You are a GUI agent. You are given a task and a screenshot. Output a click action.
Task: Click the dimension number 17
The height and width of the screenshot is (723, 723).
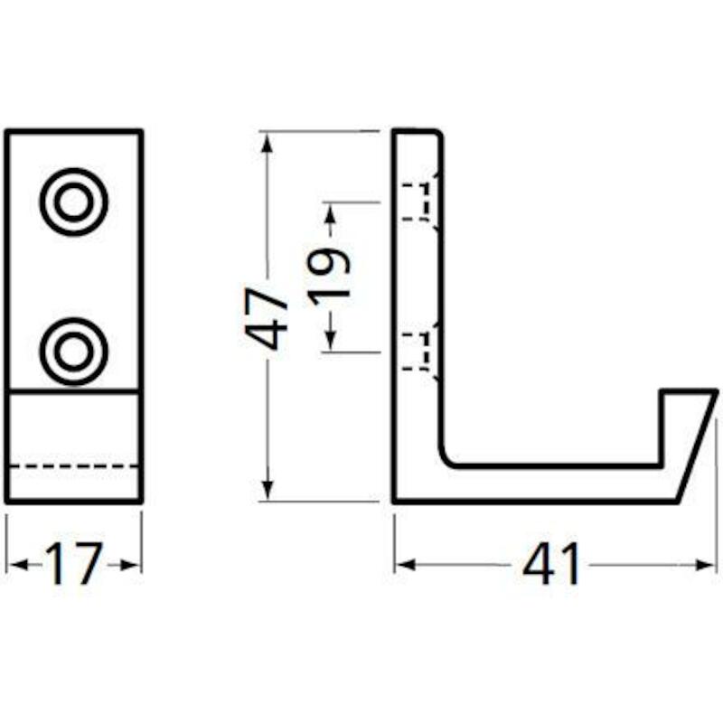pyautogui.click(x=73, y=563)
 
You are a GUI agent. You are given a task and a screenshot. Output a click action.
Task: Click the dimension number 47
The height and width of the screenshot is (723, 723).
pyautogui.click(x=266, y=319)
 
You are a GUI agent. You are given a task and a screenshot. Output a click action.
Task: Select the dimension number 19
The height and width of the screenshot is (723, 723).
pyautogui.click(x=328, y=277)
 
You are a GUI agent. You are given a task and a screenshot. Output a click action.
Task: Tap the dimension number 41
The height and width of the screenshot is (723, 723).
pyautogui.click(x=551, y=563)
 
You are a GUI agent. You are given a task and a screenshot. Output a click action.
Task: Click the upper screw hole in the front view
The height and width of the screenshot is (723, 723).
pyautogui.click(x=74, y=202)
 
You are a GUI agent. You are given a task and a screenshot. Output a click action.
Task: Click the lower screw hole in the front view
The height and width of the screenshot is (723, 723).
pyautogui.click(x=74, y=352)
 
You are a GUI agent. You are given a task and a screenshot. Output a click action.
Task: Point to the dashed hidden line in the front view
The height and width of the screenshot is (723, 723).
pyautogui.click(x=74, y=466)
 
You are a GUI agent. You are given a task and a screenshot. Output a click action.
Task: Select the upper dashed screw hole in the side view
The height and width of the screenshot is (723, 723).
pyautogui.click(x=417, y=202)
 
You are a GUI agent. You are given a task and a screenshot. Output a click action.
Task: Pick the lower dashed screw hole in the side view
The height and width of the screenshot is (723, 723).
pyautogui.click(x=417, y=352)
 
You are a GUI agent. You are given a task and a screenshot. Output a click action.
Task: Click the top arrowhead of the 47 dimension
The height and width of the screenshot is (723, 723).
pyautogui.click(x=268, y=142)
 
